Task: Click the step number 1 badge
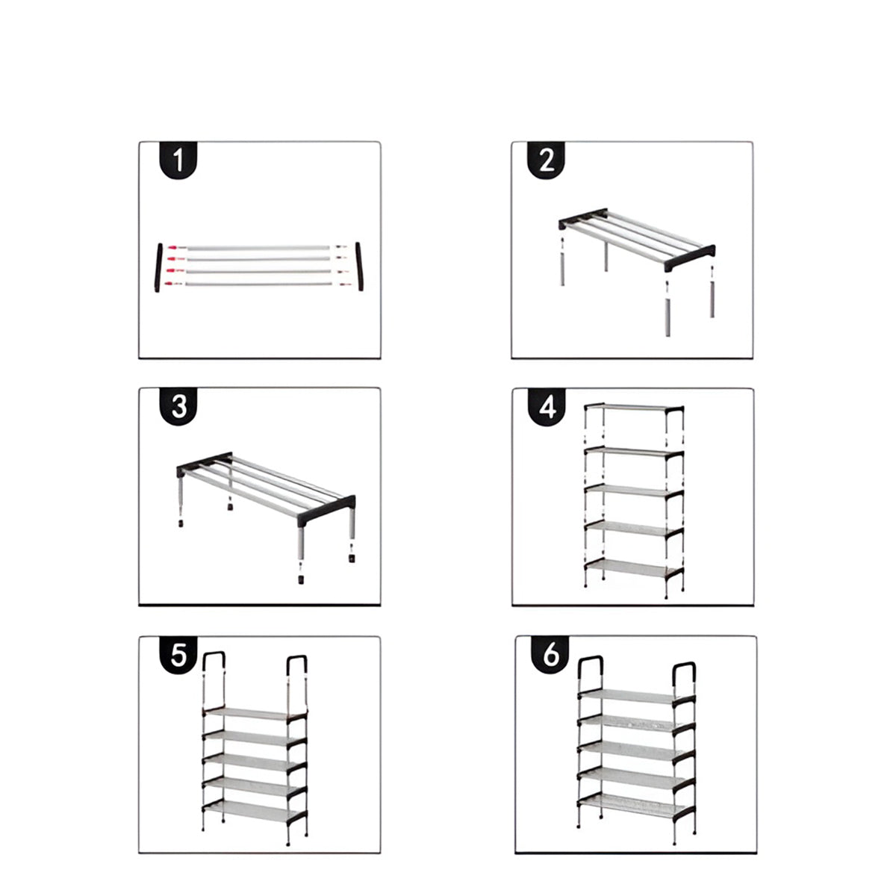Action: point(178,160)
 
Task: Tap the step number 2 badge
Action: point(546,160)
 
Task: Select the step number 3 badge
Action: point(178,406)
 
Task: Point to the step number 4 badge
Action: point(547,408)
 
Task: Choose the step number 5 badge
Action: point(178,655)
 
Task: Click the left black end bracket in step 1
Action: point(158,267)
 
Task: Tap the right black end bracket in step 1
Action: point(359,266)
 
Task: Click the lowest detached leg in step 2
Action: point(668,317)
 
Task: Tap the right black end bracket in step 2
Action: point(690,258)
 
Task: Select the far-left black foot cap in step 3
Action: point(180,523)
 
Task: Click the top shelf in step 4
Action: point(634,408)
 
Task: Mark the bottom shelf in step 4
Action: point(634,569)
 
